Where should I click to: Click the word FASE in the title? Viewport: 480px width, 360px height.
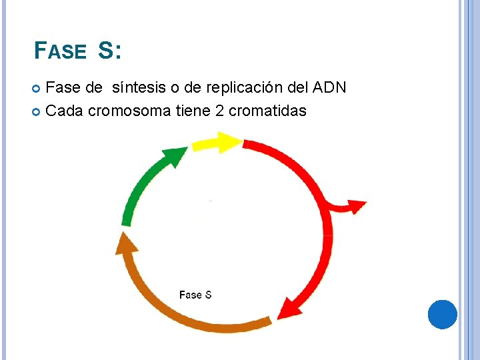click(60, 51)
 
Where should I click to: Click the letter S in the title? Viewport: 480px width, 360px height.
click(107, 51)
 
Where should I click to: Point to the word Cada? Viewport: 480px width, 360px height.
click(65, 111)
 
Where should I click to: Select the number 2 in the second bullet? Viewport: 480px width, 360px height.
click(219, 111)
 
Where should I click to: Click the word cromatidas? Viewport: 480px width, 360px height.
click(267, 111)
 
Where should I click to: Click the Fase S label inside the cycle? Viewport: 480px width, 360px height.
click(195, 295)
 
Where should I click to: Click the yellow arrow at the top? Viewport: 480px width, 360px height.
click(216, 143)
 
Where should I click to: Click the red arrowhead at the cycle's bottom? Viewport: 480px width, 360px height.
click(287, 307)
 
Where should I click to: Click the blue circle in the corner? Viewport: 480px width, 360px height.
click(442, 314)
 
